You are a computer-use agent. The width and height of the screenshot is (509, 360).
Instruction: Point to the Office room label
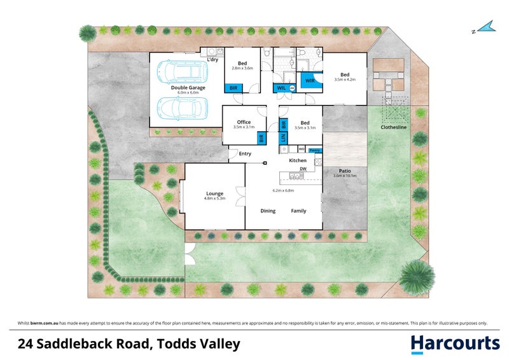tap(244, 122)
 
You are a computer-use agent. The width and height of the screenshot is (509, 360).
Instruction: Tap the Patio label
tap(345, 170)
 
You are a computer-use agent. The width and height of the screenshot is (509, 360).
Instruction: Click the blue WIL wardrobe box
tap(281, 88)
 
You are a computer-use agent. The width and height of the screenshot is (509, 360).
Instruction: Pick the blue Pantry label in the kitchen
tap(315, 150)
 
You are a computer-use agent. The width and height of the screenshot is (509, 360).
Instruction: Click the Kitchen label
tap(298, 160)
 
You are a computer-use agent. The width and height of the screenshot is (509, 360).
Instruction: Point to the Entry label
tap(245, 153)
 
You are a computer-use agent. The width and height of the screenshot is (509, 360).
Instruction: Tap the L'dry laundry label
tap(213, 60)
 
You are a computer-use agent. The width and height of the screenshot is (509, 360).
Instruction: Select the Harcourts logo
tap(455, 344)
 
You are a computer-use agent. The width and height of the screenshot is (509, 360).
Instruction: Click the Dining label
tap(268, 211)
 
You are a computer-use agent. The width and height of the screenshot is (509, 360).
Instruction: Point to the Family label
tap(298, 211)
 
